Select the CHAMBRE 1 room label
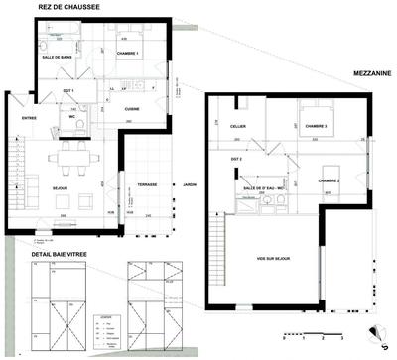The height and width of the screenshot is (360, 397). click(x=125, y=53)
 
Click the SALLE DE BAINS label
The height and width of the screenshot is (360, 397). click(x=59, y=58)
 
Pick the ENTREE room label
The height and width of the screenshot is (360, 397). click(x=29, y=119)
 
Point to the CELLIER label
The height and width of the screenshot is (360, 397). click(x=237, y=126)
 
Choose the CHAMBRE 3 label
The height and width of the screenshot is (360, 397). click(x=315, y=127)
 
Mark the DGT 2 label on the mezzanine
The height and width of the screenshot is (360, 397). click(x=236, y=159)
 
